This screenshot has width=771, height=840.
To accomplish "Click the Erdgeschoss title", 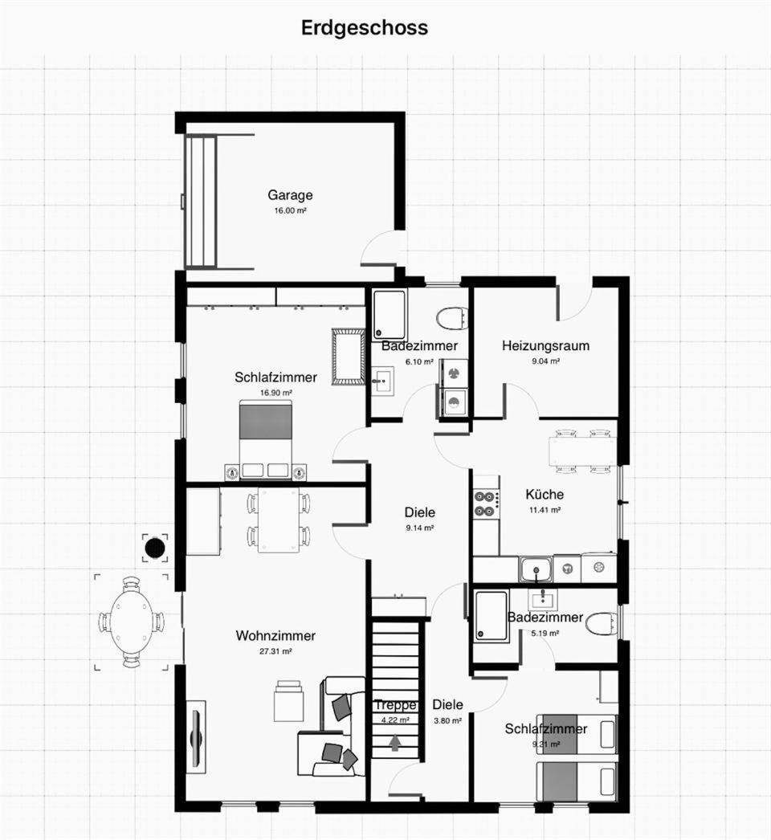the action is (365, 28).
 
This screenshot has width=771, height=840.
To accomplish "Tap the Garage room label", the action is (290, 195).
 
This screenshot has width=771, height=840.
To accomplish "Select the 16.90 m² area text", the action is (276, 393).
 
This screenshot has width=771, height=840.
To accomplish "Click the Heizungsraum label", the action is (545, 345).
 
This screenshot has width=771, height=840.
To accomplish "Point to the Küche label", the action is (545, 494).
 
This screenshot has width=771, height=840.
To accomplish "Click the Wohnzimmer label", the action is (275, 635).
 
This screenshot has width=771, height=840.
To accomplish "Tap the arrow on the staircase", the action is (395, 743).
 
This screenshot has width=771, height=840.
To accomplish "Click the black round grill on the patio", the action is (155, 548).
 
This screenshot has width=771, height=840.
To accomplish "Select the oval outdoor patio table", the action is (131, 622).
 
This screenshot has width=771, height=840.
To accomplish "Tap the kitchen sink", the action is (536, 569).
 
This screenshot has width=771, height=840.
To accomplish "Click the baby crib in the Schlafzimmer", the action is (349, 357).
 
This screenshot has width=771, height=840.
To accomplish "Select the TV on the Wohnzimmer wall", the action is (197, 736).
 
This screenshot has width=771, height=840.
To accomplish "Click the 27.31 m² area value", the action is (275, 651).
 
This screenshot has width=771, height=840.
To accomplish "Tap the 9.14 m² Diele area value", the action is (419, 528).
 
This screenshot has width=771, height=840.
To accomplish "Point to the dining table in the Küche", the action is (582, 451).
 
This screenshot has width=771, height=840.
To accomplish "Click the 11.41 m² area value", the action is (545, 510).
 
